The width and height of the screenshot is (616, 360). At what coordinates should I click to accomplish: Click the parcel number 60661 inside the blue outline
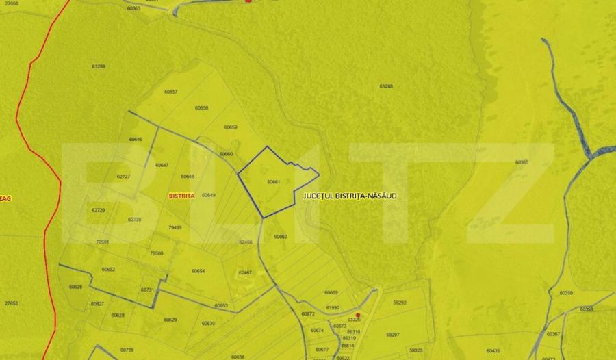pyautogui.click(x=274, y=182)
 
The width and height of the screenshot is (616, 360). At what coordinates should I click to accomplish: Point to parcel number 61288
pyautogui.click(x=386, y=86)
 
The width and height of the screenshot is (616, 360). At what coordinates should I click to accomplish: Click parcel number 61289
pyautogui.click(x=99, y=66)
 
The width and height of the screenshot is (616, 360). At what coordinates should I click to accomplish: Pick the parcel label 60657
pyautogui.click(x=171, y=92)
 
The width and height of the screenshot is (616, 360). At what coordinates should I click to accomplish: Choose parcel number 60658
pyautogui.click(x=201, y=107)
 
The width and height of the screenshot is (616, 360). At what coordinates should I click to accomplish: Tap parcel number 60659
pyautogui.click(x=231, y=127)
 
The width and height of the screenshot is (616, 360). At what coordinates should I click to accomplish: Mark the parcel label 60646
pyautogui.click(x=136, y=140)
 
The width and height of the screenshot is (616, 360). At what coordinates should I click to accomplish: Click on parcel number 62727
pyautogui.click(x=123, y=176)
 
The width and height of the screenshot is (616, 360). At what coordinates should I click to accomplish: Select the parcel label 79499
pyautogui.click(x=175, y=227)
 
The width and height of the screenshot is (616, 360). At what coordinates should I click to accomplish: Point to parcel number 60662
pyautogui.click(x=280, y=237)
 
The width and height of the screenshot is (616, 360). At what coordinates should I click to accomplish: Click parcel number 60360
pyautogui.click(x=522, y=162)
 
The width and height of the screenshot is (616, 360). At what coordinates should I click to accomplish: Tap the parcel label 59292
pyautogui.click(x=400, y=302)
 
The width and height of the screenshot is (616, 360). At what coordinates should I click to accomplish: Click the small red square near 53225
pyautogui.click(x=358, y=315)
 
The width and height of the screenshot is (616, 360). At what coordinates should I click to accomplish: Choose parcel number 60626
pyautogui.click(x=76, y=287)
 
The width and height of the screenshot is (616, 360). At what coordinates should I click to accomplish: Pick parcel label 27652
pyautogui.click(x=11, y=303)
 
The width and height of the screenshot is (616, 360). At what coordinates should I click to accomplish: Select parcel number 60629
pyautogui.click(x=170, y=320)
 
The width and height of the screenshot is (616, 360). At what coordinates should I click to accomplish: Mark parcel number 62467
pyautogui.click(x=245, y=272)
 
